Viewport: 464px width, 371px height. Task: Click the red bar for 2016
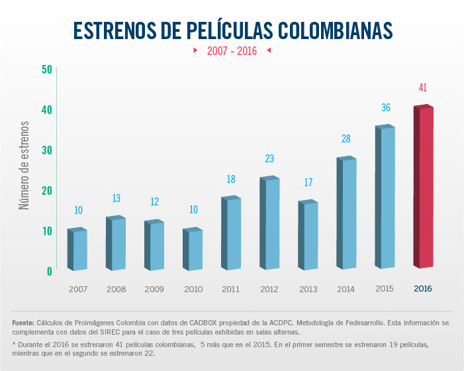pyautogui.click(x=424, y=187)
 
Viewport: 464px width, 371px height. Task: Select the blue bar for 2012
pyautogui.click(x=269, y=224)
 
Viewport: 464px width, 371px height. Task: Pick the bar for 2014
pyautogui.click(x=346, y=213)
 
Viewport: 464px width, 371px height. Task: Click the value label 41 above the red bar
pyautogui.click(x=423, y=87)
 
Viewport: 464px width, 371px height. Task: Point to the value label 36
pyautogui.click(x=385, y=107)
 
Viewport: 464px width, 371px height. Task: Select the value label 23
pyautogui.click(x=269, y=159)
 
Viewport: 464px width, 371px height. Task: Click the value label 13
pyautogui.click(x=116, y=198)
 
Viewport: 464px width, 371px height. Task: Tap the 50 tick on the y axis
pyautogui.click(x=46, y=69)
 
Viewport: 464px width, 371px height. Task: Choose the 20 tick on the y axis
pyautogui.click(x=46, y=190)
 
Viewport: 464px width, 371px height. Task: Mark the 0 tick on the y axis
pyautogui.click(x=49, y=271)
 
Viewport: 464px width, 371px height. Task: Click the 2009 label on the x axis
pyautogui.click(x=155, y=290)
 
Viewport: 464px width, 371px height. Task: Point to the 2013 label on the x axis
pyautogui.click(x=308, y=290)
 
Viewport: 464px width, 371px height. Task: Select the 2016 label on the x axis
pyautogui.click(x=423, y=289)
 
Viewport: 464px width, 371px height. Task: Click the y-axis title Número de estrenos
pyautogui.click(x=24, y=166)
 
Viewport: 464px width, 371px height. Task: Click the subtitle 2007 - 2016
pyautogui.click(x=232, y=50)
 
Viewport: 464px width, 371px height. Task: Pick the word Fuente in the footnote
pyautogui.click(x=23, y=323)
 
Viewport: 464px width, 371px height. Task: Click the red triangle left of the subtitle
pyautogui.click(x=195, y=50)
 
